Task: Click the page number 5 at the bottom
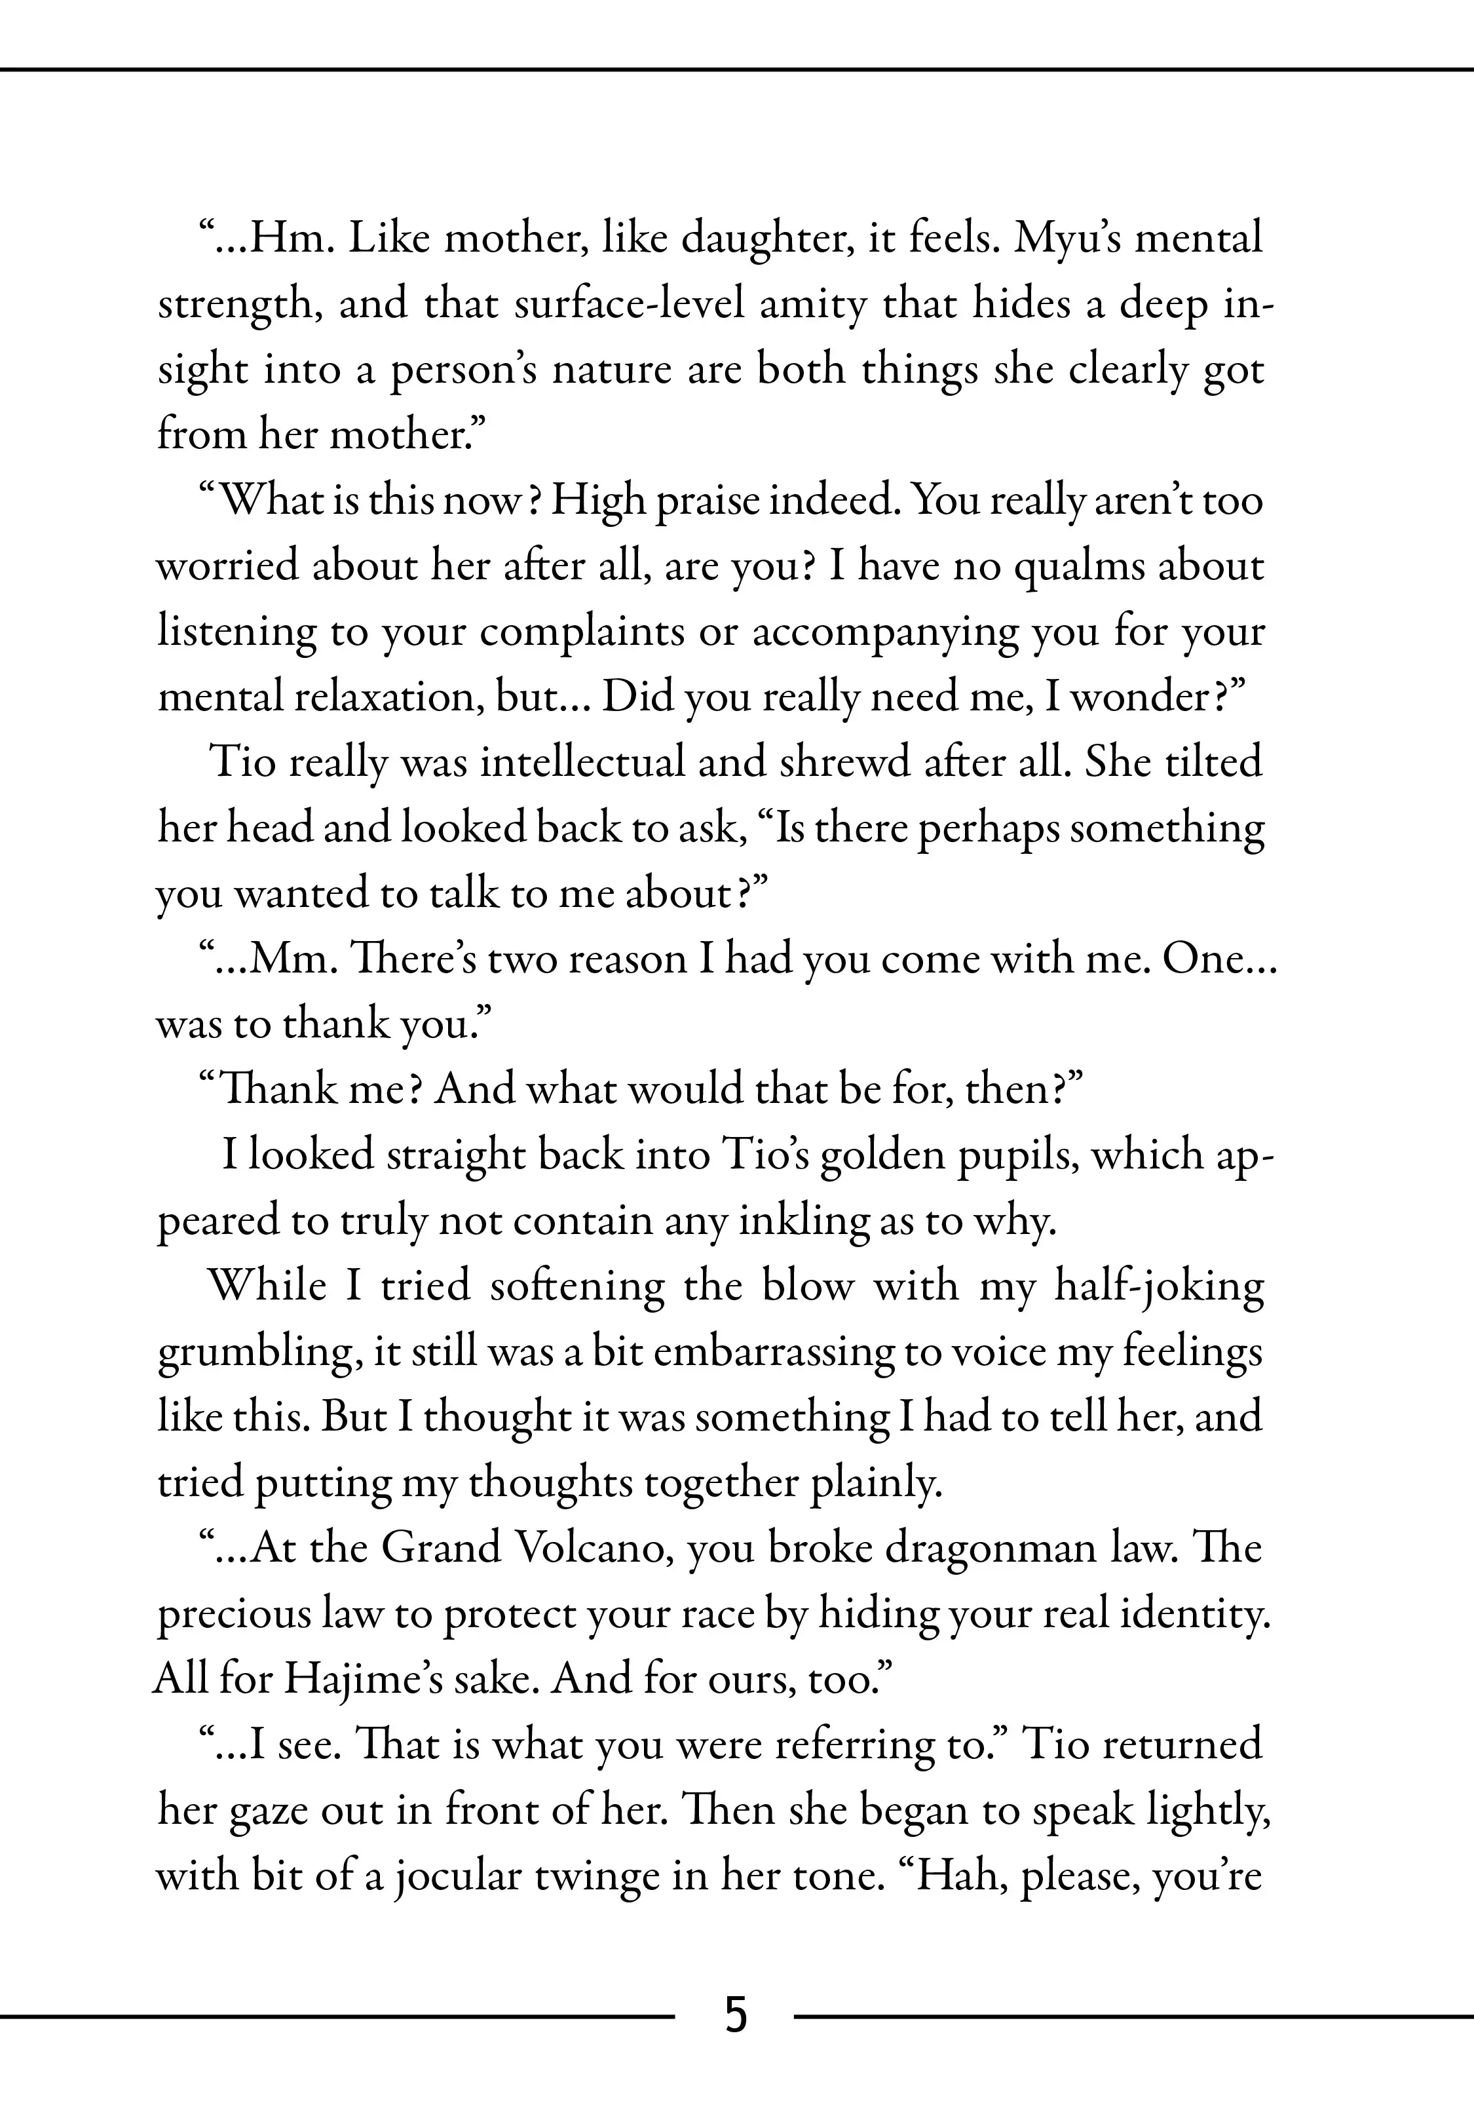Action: tap(736, 2039)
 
